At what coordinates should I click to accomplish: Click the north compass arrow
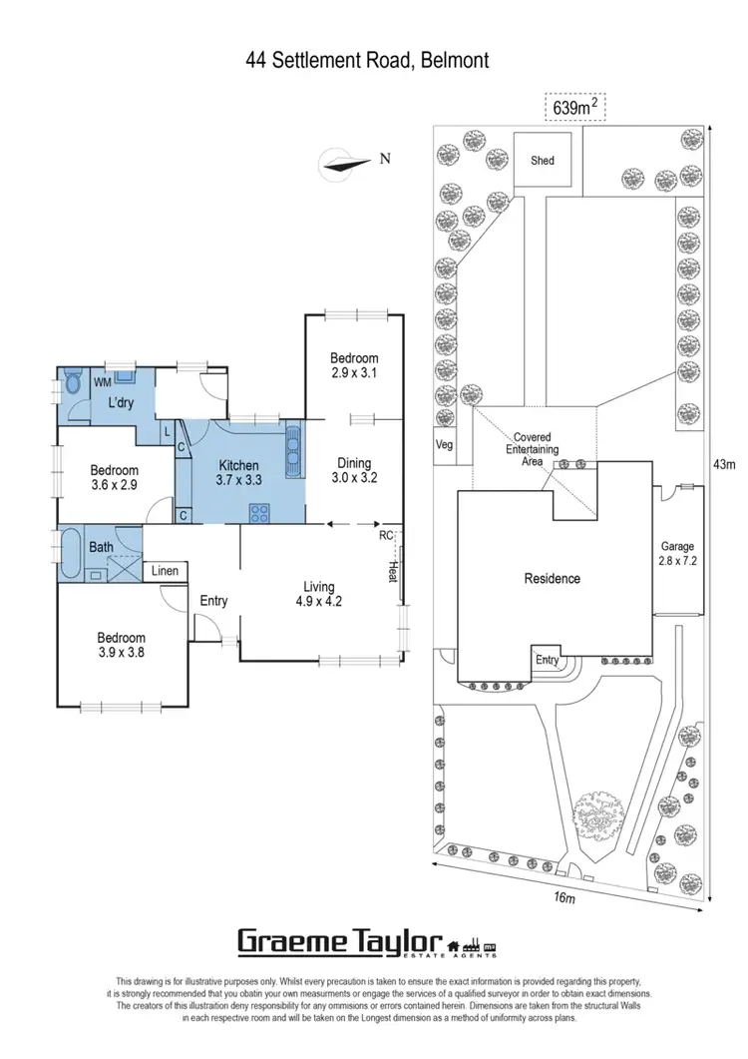tap(345, 162)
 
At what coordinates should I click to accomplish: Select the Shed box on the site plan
tap(542, 160)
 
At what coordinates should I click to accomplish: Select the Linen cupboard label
tap(166, 570)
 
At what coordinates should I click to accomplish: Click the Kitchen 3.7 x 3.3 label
tap(238, 472)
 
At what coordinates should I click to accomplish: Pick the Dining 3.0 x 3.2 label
tap(354, 470)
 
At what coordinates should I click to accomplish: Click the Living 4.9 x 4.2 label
tap(319, 594)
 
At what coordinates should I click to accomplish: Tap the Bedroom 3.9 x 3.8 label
tap(121, 645)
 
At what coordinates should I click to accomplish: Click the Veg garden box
tap(444, 444)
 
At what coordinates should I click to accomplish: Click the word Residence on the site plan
tap(553, 578)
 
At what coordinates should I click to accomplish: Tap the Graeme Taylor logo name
tap(339, 941)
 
